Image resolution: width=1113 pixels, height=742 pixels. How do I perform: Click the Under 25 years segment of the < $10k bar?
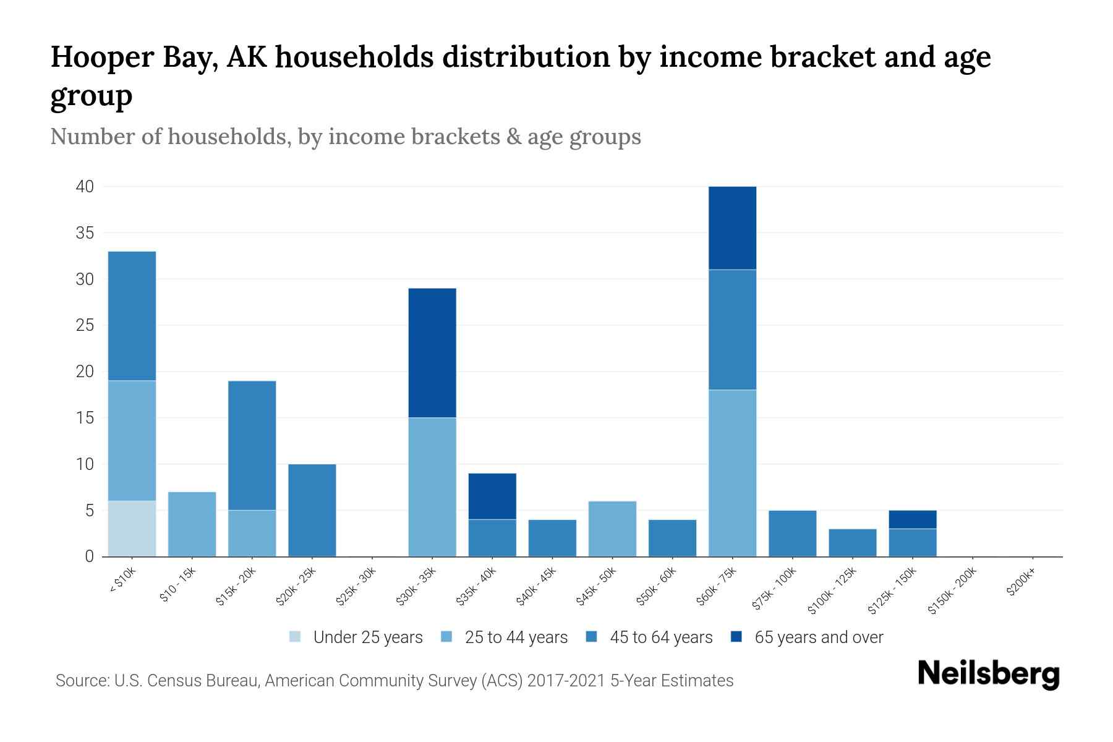click(x=132, y=529)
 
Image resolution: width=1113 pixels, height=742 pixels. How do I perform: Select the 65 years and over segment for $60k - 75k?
click(x=732, y=228)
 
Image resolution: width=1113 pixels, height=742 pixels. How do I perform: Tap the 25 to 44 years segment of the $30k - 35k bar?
click(x=432, y=487)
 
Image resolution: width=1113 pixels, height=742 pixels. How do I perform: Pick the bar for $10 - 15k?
click(x=192, y=524)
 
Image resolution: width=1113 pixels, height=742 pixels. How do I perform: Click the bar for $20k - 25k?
click(x=312, y=510)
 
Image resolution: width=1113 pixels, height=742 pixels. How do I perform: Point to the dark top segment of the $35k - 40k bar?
click(x=492, y=497)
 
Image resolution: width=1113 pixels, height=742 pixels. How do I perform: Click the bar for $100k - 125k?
click(x=852, y=543)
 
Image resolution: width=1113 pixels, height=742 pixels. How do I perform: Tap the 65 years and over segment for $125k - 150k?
click(x=912, y=519)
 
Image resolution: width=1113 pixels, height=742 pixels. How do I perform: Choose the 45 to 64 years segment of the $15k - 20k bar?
click(x=252, y=445)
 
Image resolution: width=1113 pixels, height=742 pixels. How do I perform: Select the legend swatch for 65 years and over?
click(x=736, y=637)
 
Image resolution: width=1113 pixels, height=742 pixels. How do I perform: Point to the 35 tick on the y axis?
click(x=85, y=233)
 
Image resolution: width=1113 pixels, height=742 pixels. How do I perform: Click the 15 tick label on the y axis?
click(x=85, y=418)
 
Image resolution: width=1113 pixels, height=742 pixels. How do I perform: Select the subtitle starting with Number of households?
click(x=345, y=137)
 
